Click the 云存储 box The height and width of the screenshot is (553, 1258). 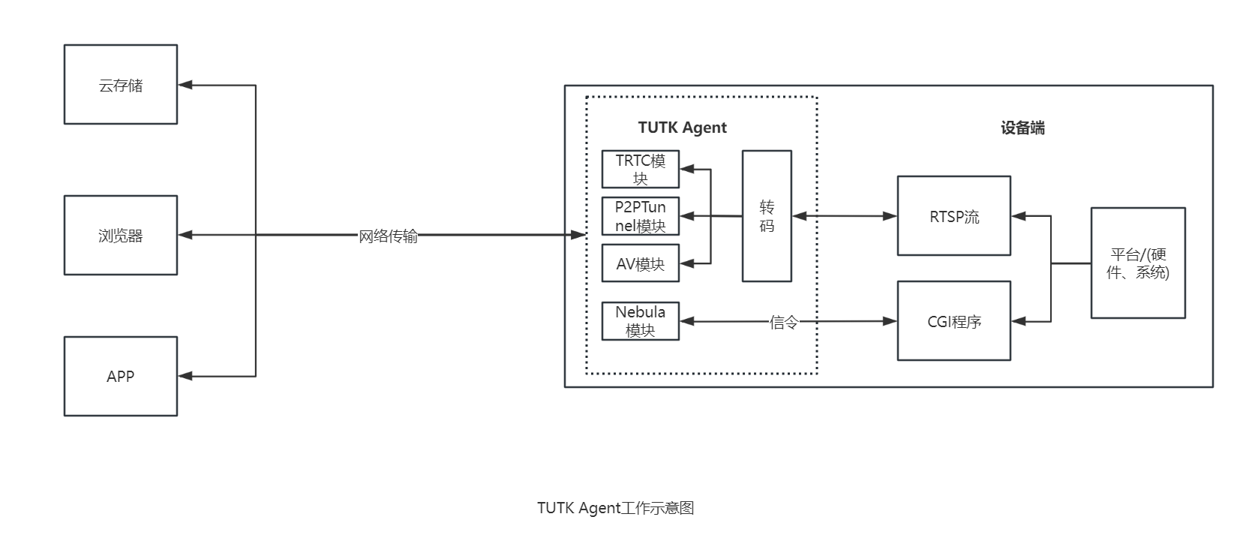click(121, 85)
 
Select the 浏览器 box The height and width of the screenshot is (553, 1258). click(121, 236)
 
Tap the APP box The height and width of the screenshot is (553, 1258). click(121, 376)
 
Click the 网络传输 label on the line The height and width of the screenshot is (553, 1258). click(388, 236)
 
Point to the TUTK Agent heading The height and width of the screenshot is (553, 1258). click(682, 128)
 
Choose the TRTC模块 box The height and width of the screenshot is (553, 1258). click(641, 170)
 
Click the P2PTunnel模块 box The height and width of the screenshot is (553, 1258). click(641, 216)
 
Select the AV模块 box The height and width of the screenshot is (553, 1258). click(641, 263)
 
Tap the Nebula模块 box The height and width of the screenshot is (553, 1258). click(641, 321)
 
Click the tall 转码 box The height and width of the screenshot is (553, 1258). click(767, 216)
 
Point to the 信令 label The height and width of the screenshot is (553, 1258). click(784, 323)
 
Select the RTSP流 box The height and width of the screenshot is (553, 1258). click(954, 216)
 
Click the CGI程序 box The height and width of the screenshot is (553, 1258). click(954, 321)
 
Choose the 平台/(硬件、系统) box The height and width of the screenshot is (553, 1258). click(1138, 263)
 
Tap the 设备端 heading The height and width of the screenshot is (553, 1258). click(1022, 128)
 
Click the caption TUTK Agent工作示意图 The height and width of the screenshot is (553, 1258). click(615, 508)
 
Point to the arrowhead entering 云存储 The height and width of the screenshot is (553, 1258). click(185, 85)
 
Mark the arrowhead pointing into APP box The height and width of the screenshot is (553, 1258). click(185, 376)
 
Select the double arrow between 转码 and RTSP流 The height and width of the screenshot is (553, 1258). click(845, 216)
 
